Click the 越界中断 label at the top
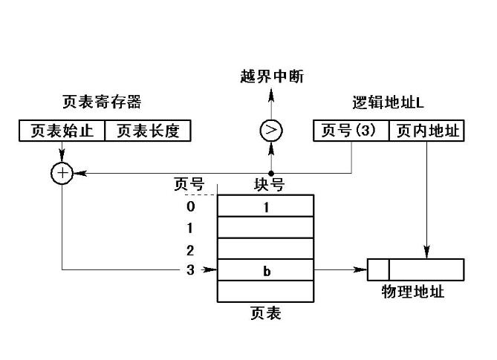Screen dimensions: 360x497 273,76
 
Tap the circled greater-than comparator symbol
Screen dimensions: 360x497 271,131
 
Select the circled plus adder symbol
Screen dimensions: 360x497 61,173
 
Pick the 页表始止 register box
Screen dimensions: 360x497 62,131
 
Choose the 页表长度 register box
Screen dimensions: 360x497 148,131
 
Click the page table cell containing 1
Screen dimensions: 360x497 265,206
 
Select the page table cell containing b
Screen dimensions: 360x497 265,270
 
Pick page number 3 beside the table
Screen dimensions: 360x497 191,270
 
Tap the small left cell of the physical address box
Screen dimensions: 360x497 378,269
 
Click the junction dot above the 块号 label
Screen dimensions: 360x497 271,173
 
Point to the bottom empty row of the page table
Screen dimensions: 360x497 265,291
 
